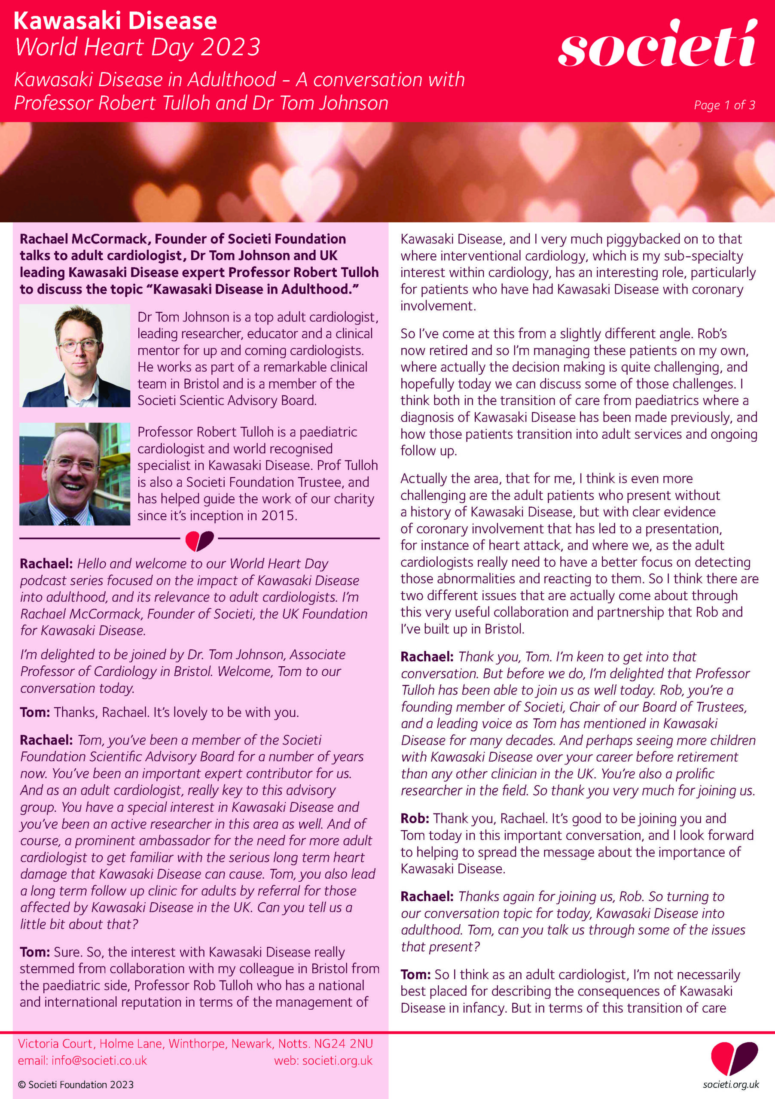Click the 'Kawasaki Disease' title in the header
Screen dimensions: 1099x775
point(115,21)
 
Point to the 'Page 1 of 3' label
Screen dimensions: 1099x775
point(724,105)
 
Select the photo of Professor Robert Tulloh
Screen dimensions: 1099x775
point(75,474)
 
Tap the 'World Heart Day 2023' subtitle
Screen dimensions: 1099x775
point(137,47)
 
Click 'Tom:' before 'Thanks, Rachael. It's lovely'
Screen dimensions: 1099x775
point(34,712)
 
